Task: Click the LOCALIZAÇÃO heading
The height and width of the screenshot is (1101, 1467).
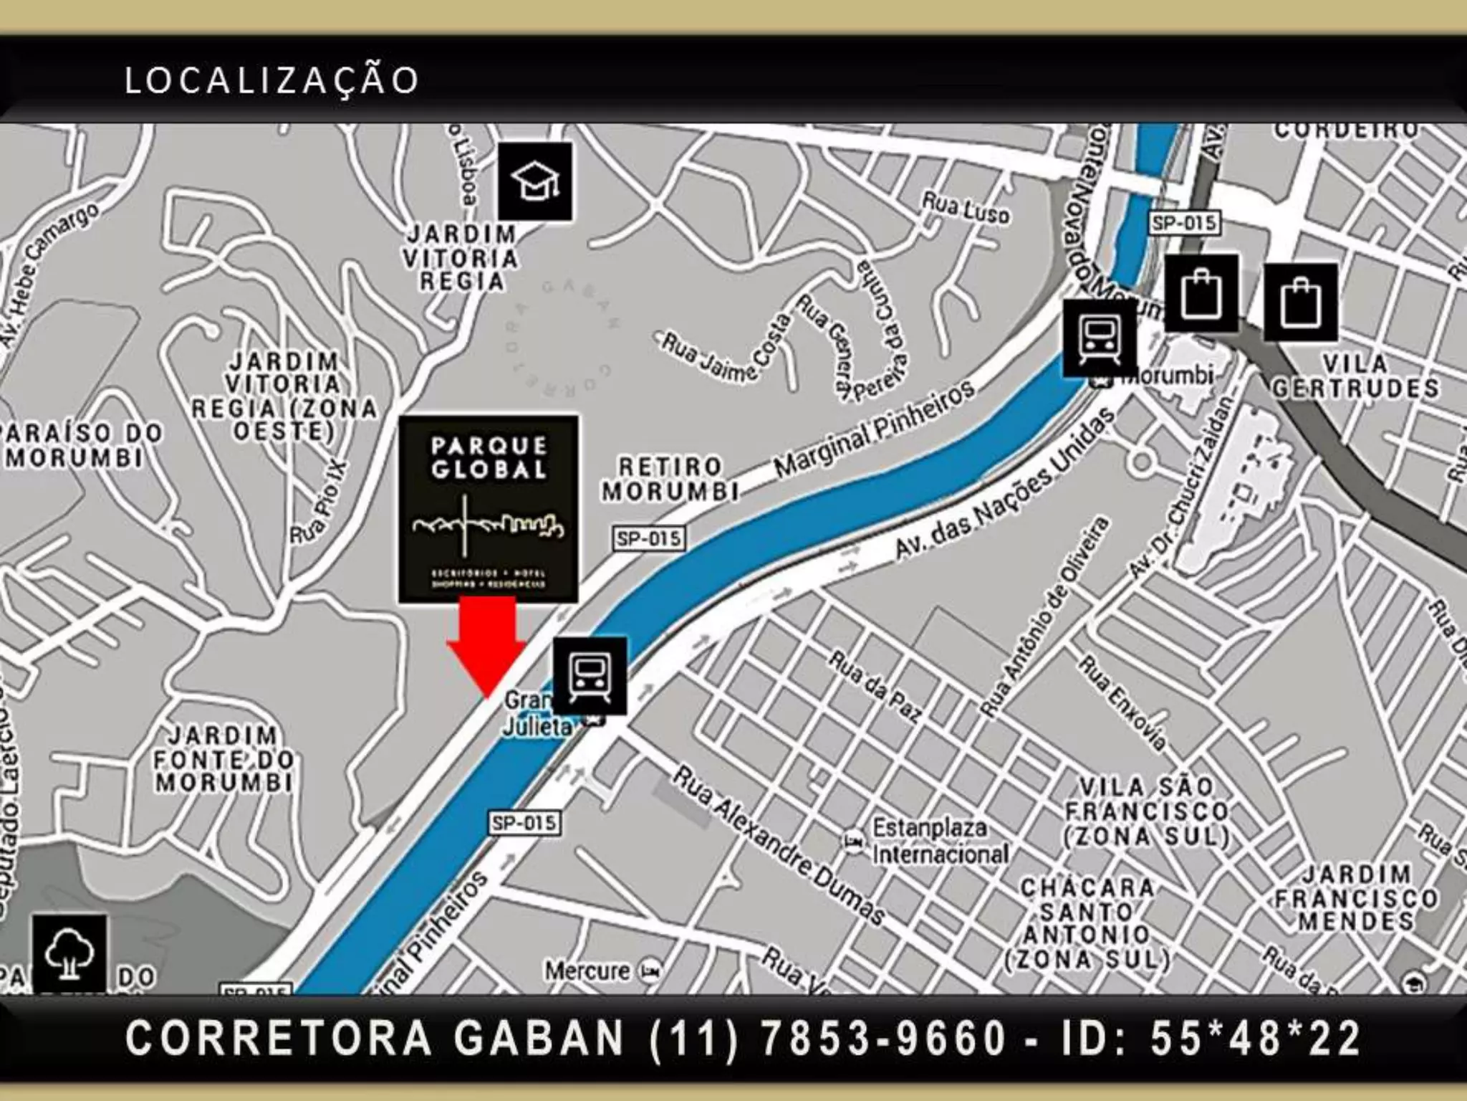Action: (x=271, y=80)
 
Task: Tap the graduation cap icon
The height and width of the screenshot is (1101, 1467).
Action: (x=535, y=181)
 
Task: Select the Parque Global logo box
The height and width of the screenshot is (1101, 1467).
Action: (x=489, y=509)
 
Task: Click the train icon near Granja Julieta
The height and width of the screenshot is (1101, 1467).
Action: (x=590, y=676)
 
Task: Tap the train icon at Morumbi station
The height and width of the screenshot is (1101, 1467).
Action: (x=1099, y=338)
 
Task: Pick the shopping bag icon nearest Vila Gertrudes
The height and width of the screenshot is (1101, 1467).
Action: (x=1300, y=302)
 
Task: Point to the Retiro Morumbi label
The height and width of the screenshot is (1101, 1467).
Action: (x=670, y=479)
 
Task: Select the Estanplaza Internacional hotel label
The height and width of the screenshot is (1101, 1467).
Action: (x=938, y=842)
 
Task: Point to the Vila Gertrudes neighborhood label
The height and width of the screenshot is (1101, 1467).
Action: (x=1355, y=376)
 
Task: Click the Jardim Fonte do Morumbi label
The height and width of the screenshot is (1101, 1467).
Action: (x=223, y=760)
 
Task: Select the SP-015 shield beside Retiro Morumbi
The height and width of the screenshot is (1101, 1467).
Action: (x=648, y=538)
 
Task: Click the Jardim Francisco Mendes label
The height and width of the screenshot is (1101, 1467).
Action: (x=1356, y=898)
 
